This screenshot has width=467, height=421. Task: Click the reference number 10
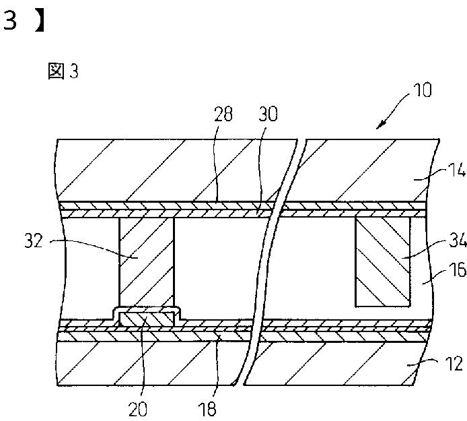pyautogui.click(x=418, y=90)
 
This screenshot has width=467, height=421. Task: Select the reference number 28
pyautogui.click(x=223, y=115)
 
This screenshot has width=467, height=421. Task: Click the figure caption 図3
pyautogui.click(x=63, y=72)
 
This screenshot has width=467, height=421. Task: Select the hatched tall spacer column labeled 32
pyautogui.click(x=146, y=263)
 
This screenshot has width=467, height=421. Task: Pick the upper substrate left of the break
pyautogui.click(x=175, y=168)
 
